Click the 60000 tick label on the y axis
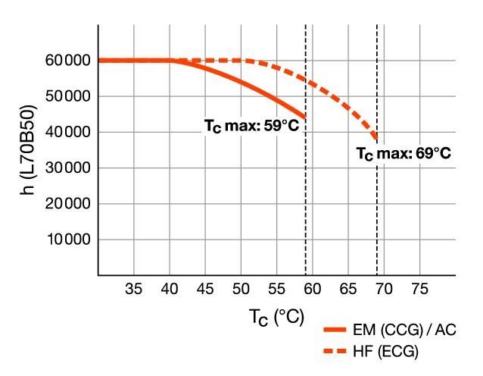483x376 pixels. [70, 61]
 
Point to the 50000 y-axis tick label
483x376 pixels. [70, 96]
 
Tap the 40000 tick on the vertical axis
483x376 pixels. [70, 132]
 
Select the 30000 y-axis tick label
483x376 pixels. [70, 168]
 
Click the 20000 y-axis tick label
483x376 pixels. [70, 204]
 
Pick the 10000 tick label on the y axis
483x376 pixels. [70, 240]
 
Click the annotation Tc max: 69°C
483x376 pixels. [404, 153]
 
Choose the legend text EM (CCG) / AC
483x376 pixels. [410, 331]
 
